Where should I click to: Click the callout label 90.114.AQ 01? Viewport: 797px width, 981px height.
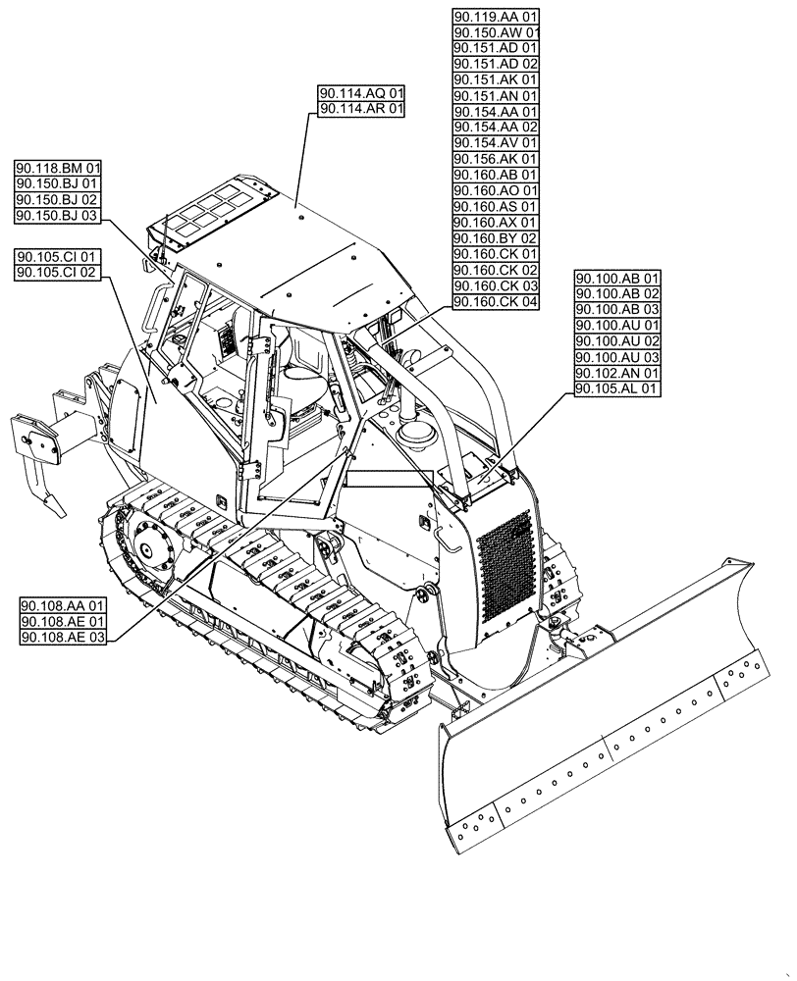click(361, 94)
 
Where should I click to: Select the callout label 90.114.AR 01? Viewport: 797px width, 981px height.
click(361, 110)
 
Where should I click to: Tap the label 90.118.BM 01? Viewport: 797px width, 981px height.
click(58, 168)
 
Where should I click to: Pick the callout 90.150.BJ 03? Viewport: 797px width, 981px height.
click(58, 215)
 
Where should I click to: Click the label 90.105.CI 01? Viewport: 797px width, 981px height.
click(58, 256)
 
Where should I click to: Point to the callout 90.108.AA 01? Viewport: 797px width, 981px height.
click(64, 605)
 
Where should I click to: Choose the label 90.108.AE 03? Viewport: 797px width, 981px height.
click(64, 637)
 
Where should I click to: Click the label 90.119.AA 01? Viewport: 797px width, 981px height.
click(496, 17)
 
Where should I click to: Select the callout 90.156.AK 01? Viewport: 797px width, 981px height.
click(496, 159)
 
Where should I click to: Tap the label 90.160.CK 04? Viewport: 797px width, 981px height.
click(496, 301)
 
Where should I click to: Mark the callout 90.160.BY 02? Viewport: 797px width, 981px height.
click(496, 238)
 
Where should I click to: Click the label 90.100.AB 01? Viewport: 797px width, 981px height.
click(618, 279)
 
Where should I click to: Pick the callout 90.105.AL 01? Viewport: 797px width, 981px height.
click(618, 389)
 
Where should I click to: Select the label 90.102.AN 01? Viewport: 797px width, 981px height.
click(618, 374)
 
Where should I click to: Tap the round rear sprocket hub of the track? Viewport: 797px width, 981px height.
click(148, 544)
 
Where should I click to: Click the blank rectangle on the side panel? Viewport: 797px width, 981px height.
click(389, 479)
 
